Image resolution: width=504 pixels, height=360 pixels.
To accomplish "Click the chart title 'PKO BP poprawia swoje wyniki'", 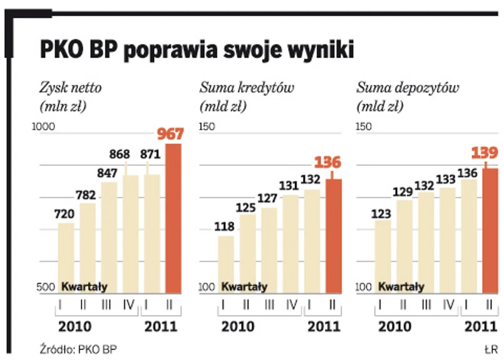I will click(x=197, y=51).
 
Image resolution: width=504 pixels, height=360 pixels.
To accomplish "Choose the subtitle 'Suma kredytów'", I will click(x=247, y=88).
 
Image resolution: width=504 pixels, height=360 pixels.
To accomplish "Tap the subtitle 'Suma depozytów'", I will click(x=407, y=88).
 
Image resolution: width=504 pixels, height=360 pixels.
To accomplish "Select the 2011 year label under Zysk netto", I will click(x=161, y=326).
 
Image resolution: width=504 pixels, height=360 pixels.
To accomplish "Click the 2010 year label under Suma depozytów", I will click(x=394, y=326).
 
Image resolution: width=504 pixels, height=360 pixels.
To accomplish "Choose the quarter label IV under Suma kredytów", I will click(x=291, y=305).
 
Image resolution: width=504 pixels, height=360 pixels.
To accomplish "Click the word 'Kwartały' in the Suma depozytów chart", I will click(x=401, y=287).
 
